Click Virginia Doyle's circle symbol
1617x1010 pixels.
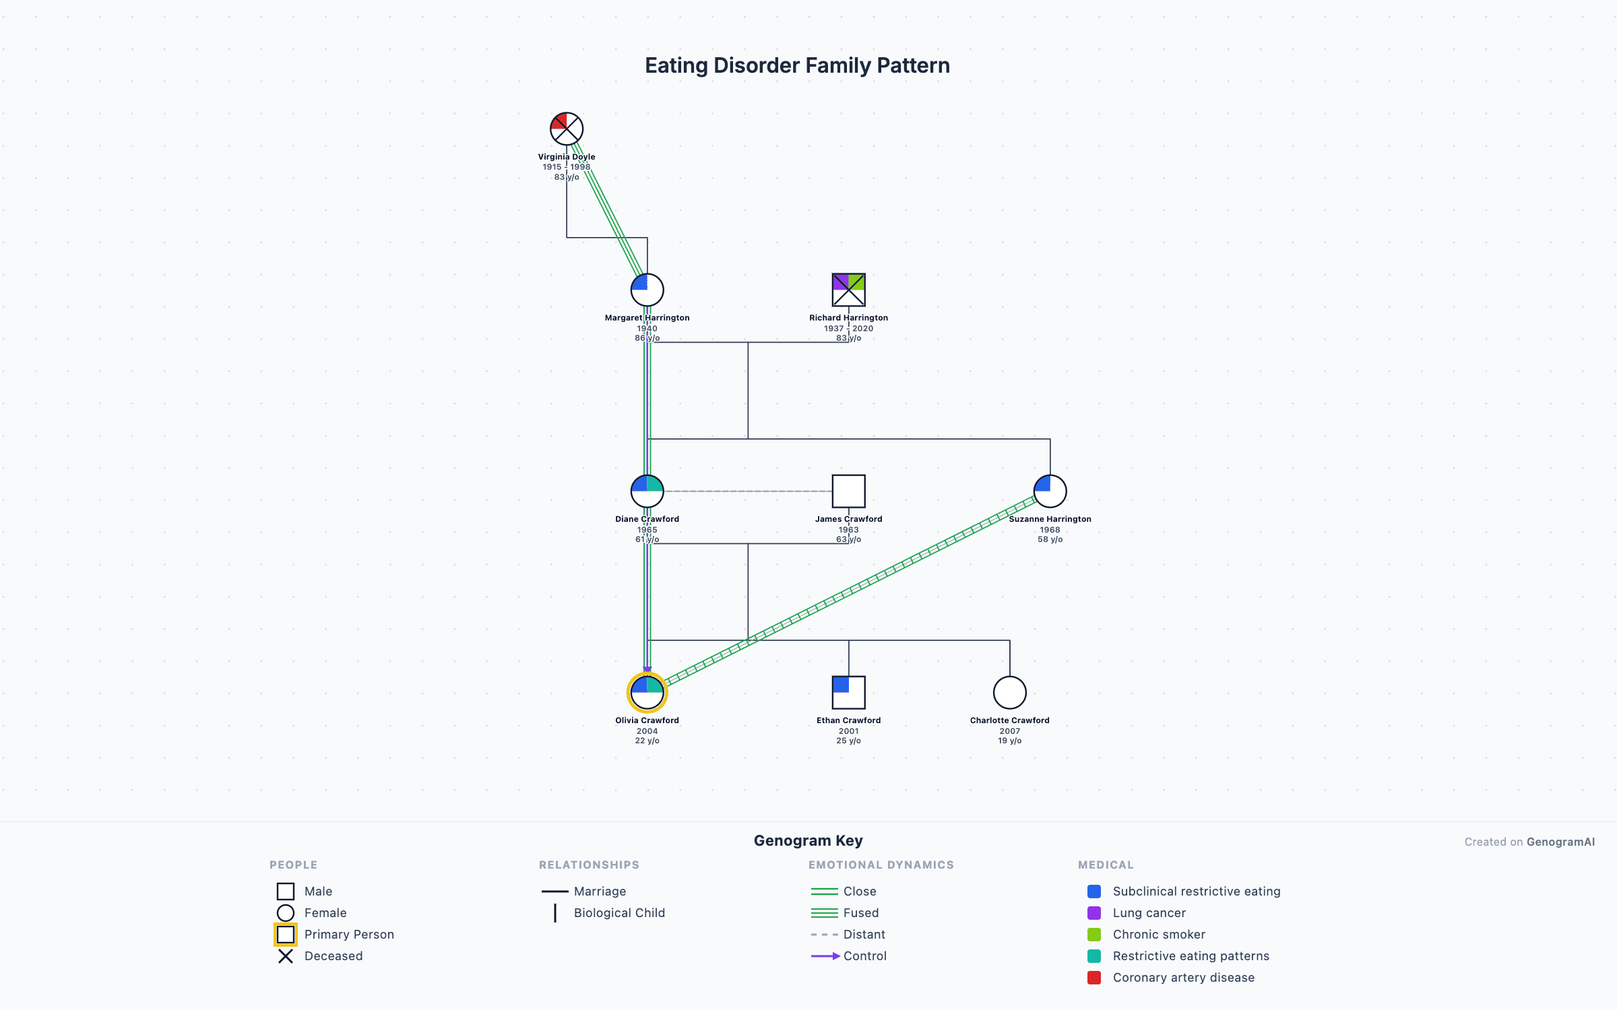(x=566, y=129)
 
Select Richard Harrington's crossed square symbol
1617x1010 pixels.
(x=848, y=290)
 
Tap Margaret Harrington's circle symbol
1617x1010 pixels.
(x=647, y=290)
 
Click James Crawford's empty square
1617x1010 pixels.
(x=848, y=491)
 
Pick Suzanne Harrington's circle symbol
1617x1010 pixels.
(x=1050, y=491)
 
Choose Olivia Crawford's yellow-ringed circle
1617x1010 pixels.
(x=647, y=692)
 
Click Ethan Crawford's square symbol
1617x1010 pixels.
(x=848, y=692)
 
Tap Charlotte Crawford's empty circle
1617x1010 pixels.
(x=1009, y=692)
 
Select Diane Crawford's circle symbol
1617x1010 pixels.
(x=647, y=491)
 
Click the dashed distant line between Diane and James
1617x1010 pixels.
(x=748, y=491)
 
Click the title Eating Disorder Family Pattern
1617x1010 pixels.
(x=797, y=65)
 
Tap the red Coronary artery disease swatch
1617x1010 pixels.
(x=1094, y=977)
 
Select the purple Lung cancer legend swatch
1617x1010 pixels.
(x=1094, y=912)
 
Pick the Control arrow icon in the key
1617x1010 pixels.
(x=825, y=955)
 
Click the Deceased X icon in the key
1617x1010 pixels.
(x=286, y=955)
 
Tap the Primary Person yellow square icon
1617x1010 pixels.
(x=286, y=934)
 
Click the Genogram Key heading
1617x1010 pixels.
(x=808, y=840)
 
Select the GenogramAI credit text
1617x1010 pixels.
(x=1529, y=842)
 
